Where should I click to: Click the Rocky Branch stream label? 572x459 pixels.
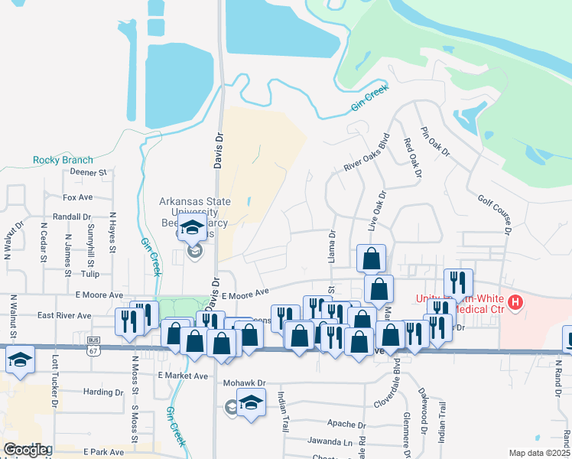click(63, 160)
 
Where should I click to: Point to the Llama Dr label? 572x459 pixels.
click(332, 248)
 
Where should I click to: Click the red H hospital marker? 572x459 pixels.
click(515, 303)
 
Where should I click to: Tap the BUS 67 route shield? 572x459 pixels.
click(94, 341)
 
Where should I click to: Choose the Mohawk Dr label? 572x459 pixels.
click(244, 382)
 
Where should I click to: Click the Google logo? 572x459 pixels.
click(27, 450)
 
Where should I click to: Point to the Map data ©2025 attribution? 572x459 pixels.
click(539, 453)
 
